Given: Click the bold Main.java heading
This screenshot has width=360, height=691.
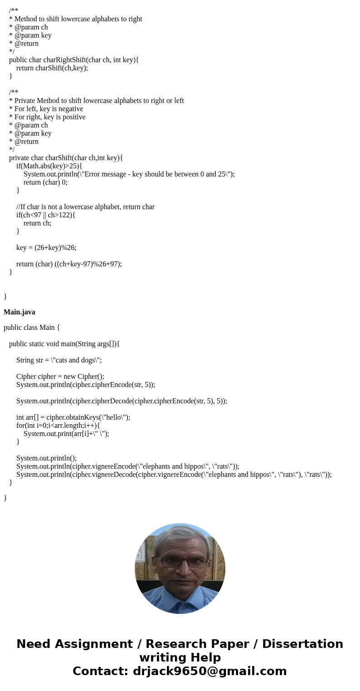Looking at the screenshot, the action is [x=19, y=312].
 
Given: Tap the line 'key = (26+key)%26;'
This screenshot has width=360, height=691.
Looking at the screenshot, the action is [x=46, y=248].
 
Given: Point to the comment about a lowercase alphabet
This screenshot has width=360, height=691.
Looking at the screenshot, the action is [x=85, y=207].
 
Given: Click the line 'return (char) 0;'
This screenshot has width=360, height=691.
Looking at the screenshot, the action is [x=45, y=182].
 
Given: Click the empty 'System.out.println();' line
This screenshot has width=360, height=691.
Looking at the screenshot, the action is [x=47, y=458].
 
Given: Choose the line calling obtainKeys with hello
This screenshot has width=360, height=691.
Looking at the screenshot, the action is [x=73, y=417].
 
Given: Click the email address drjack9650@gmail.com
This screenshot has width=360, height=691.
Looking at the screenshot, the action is [x=209, y=671].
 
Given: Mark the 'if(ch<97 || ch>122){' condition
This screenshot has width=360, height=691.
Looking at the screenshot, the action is [x=46, y=215].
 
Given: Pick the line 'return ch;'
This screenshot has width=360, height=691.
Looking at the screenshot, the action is [x=37, y=223].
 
